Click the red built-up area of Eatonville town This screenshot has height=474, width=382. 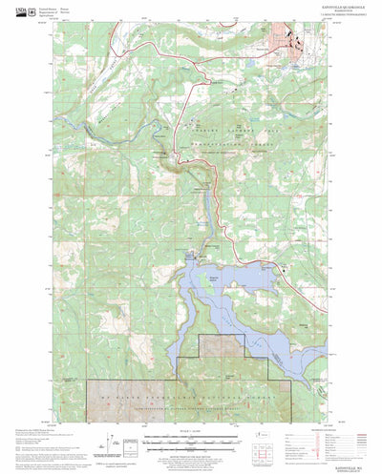coord(290,43)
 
